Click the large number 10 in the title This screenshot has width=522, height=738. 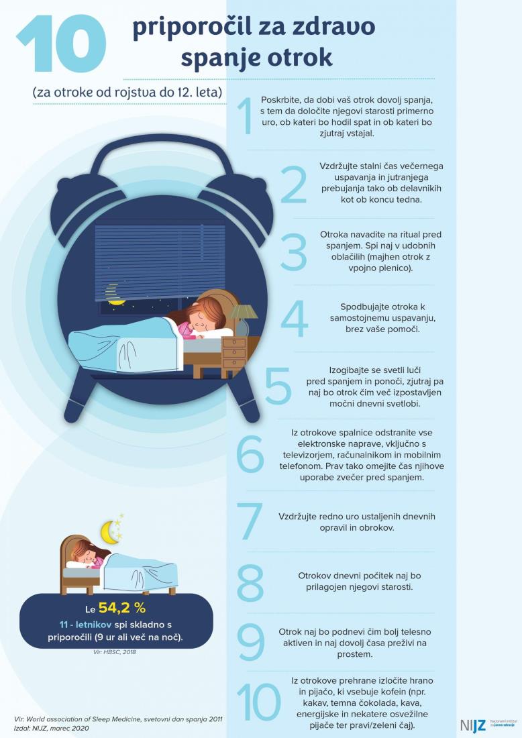point(61,43)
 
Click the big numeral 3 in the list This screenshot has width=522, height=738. point(294,252)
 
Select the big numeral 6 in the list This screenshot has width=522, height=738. point(250,454)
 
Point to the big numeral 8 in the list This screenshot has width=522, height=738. point(250,582)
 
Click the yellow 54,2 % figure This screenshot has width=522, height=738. point(122,608)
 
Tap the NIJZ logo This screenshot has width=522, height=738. point(473,725)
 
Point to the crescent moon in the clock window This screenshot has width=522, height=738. point(113,295)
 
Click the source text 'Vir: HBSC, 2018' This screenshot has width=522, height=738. point(115,652)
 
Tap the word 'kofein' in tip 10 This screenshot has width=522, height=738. point(393,692)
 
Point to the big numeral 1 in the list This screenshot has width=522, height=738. point(245,116)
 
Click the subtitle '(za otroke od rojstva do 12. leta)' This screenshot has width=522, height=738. point(127,92)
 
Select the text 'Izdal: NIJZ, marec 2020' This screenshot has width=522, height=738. point(51,728)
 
